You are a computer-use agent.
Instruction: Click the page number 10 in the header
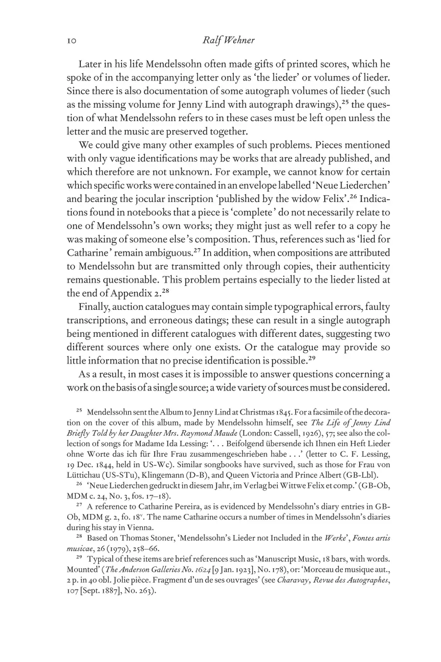click(73, 41)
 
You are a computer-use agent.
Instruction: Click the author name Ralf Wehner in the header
click(228, 40)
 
